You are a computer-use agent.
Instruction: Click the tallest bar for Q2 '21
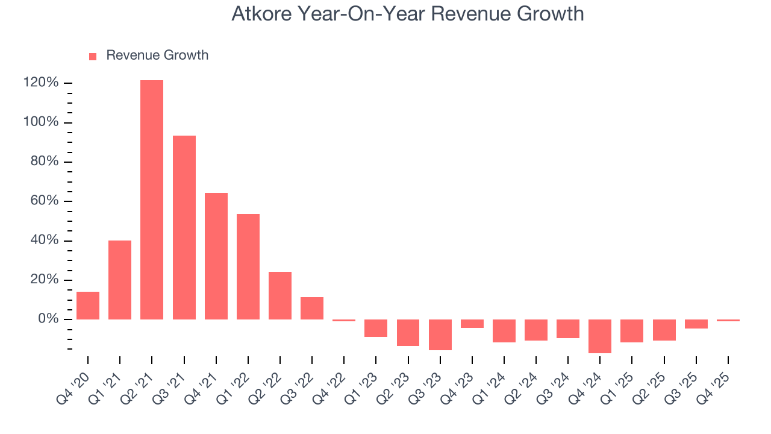152,200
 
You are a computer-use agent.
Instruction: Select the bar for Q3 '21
184,227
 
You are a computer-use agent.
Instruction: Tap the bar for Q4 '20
88,306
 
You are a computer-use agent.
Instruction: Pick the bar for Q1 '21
120,280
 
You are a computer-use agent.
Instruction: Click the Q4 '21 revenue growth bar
216,256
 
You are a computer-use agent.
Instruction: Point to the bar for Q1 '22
248,266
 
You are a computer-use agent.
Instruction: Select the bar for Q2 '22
280,295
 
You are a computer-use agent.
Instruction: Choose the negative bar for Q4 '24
600,336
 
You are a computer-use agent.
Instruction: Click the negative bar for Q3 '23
440,335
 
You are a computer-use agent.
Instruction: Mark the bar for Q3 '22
312,308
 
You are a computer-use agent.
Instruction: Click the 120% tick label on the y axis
41,83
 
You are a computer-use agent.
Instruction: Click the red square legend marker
93,56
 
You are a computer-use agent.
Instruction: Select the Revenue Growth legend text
157,55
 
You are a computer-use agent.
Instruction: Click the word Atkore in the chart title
260,14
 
